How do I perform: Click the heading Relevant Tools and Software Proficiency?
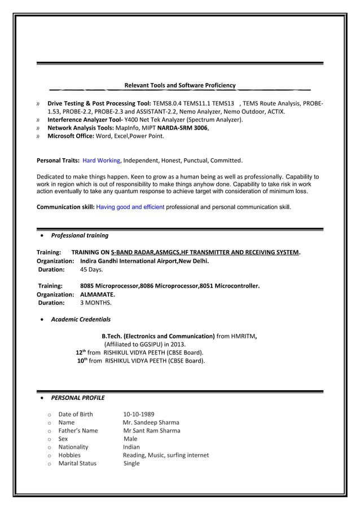179,85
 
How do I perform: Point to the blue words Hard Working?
101,160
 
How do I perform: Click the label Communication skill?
65,207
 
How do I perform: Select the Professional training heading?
80,236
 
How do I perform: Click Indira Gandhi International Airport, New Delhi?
144,261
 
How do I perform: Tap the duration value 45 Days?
91,270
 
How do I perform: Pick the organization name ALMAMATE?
98,295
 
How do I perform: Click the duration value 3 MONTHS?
96,303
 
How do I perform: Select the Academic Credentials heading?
81,319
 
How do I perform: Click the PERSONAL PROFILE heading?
78,398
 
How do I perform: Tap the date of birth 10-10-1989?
139,415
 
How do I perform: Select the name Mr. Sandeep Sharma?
151,422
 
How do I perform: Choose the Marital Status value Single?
131,463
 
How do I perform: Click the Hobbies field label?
69,455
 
